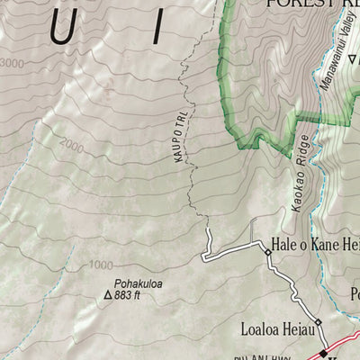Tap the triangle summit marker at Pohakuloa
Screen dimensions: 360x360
109,294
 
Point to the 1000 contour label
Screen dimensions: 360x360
101,265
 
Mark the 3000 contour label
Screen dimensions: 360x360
12,62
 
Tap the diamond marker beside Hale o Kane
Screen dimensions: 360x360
267,253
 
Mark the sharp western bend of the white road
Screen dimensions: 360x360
204,258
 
